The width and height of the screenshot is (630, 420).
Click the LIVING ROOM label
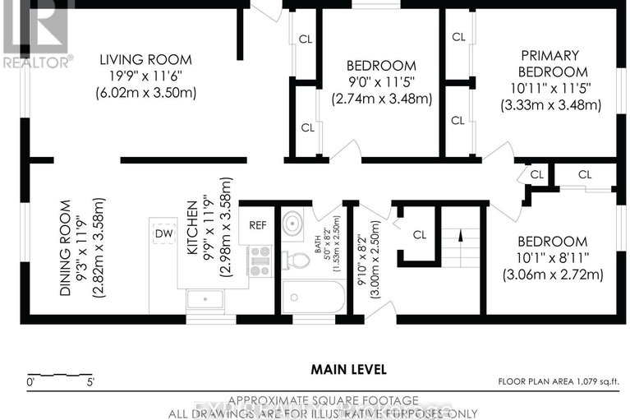click(x=145, y=59)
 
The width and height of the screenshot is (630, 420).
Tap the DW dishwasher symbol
click(x=163, y=233)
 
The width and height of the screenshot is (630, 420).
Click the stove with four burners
click(x=260, y=261)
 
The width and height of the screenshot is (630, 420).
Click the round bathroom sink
click(x=293, y=224)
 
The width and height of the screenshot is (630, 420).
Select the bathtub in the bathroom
click(x=313, y=297)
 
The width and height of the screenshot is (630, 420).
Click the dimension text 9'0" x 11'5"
click(x=381, y=82)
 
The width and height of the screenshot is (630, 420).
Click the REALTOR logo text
click(x=37, y=61)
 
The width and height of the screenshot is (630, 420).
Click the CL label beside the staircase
click(x=420, y=234)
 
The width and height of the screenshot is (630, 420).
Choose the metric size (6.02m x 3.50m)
click(x=145, y=92)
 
